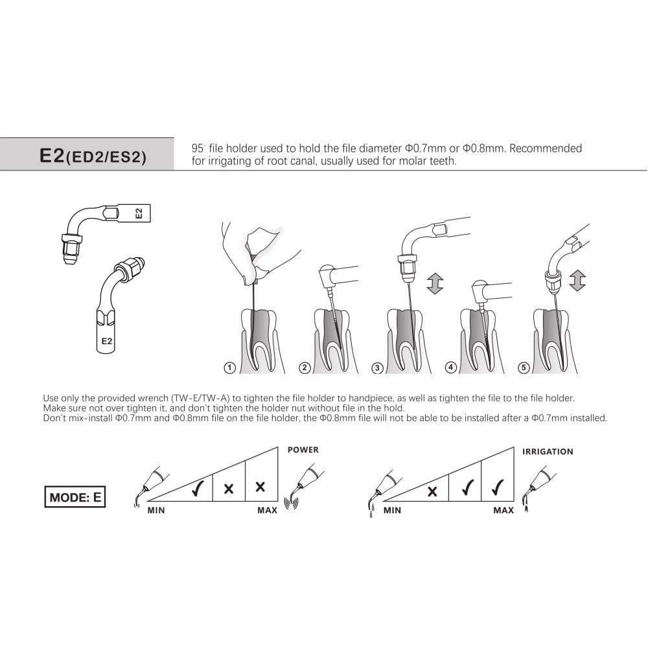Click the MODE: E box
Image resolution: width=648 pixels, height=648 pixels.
pyautogui.click(x=75, y=497)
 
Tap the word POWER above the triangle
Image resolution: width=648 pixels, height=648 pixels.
pyautogui.click(x=303, y=450)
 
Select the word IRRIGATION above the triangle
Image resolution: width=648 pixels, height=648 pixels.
pyautogui.click(x=548, y=452)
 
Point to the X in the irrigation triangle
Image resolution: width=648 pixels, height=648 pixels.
pyautogui.click(x=432, y=491)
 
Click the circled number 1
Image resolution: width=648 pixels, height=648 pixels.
pyautogui.click(x=229, y=367)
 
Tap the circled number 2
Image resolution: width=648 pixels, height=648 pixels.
pyautogui.click(x=305, y=367)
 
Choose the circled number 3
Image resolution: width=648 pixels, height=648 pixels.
pyautogui.click(x=377, y=367)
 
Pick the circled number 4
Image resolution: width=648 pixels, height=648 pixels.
pyautogui.click(x=450, y=367)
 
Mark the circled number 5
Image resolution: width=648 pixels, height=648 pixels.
pyautogui.click(x=524, y=367)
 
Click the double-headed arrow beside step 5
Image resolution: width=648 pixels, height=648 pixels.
pyautogui.click(x=577, y=281)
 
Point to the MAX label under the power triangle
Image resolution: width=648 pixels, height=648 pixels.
pyautogui.click(x=267, y=511)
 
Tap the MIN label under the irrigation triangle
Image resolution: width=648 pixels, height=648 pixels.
pyautogui.click(x=392, y=511)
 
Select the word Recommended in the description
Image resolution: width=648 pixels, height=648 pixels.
pyautogui.click(x=546, y=148)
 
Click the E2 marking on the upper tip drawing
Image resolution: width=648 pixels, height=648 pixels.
pyautogui.click(x=139, y=213)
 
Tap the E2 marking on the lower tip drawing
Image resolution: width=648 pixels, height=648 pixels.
pyautogui.click(x=107, y=341)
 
